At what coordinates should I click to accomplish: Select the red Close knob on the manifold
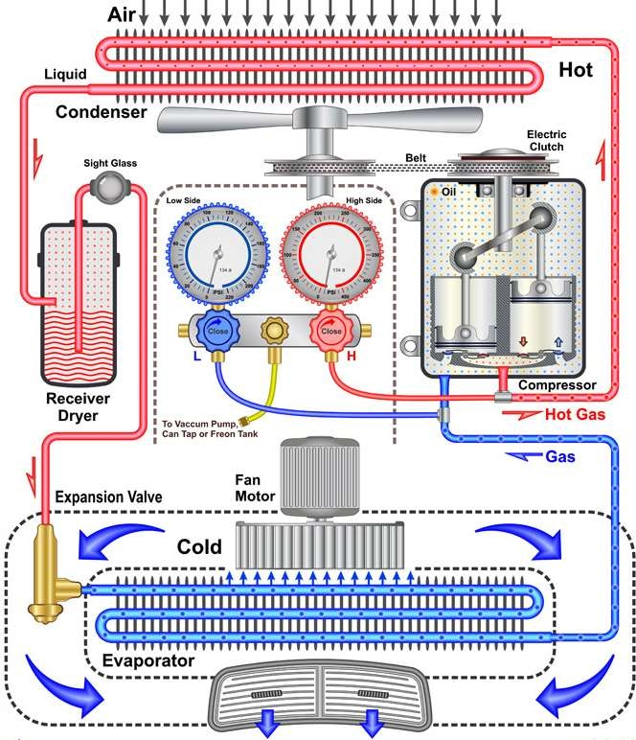[330, 331]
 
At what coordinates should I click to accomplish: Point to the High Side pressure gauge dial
[329, 255]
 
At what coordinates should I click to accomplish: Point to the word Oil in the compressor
[448, 194]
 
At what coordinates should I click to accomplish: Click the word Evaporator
[150, 661]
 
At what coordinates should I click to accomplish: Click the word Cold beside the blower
[199, 548]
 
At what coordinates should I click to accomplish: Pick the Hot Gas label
[572, 415]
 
